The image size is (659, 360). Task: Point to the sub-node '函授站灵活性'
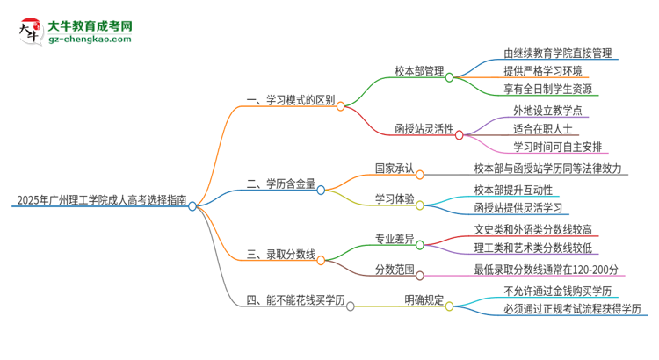[424, 129]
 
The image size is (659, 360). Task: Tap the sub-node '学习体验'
[394, 198]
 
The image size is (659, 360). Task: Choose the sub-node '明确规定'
[424, 301]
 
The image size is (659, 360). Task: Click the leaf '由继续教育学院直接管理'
[557, 54]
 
